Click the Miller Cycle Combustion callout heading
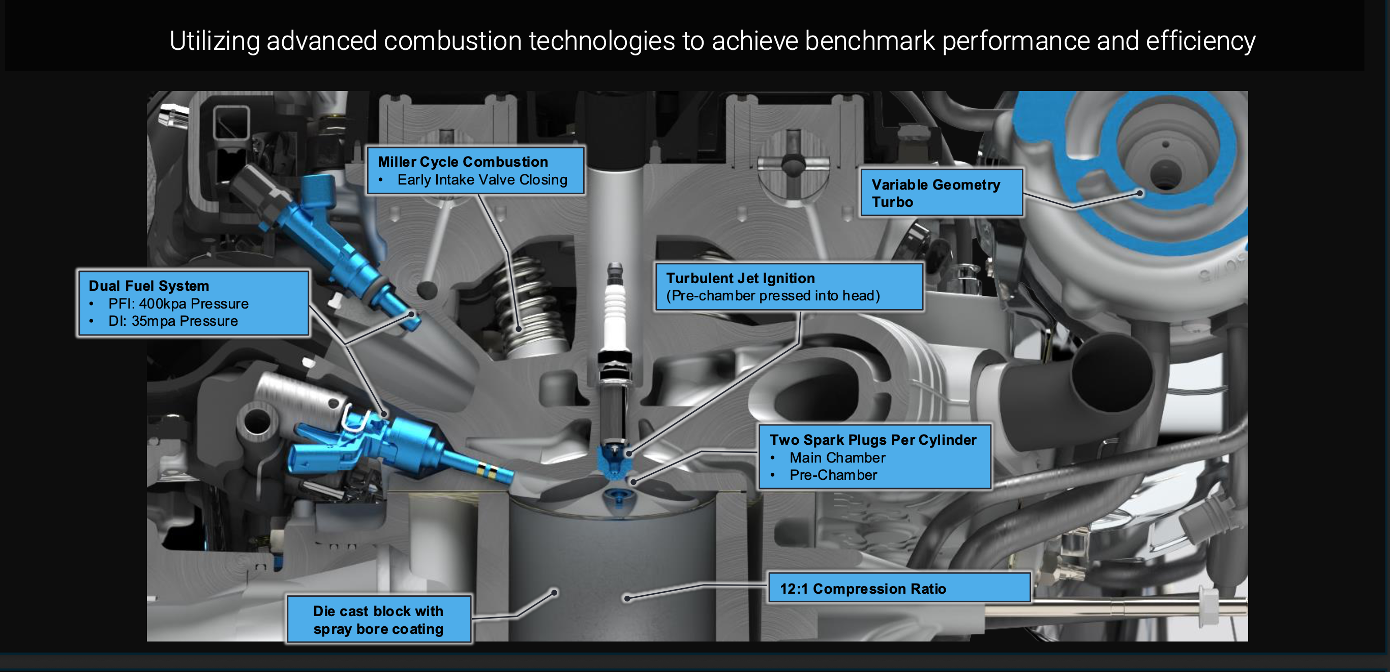463,162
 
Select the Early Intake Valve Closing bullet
482,179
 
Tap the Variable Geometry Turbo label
935,193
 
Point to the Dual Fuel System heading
148,286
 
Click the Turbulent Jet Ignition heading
740,278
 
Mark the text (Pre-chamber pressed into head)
773,295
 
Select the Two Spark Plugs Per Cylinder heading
873,440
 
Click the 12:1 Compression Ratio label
863,589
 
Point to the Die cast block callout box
379,620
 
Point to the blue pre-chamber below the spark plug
614,461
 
